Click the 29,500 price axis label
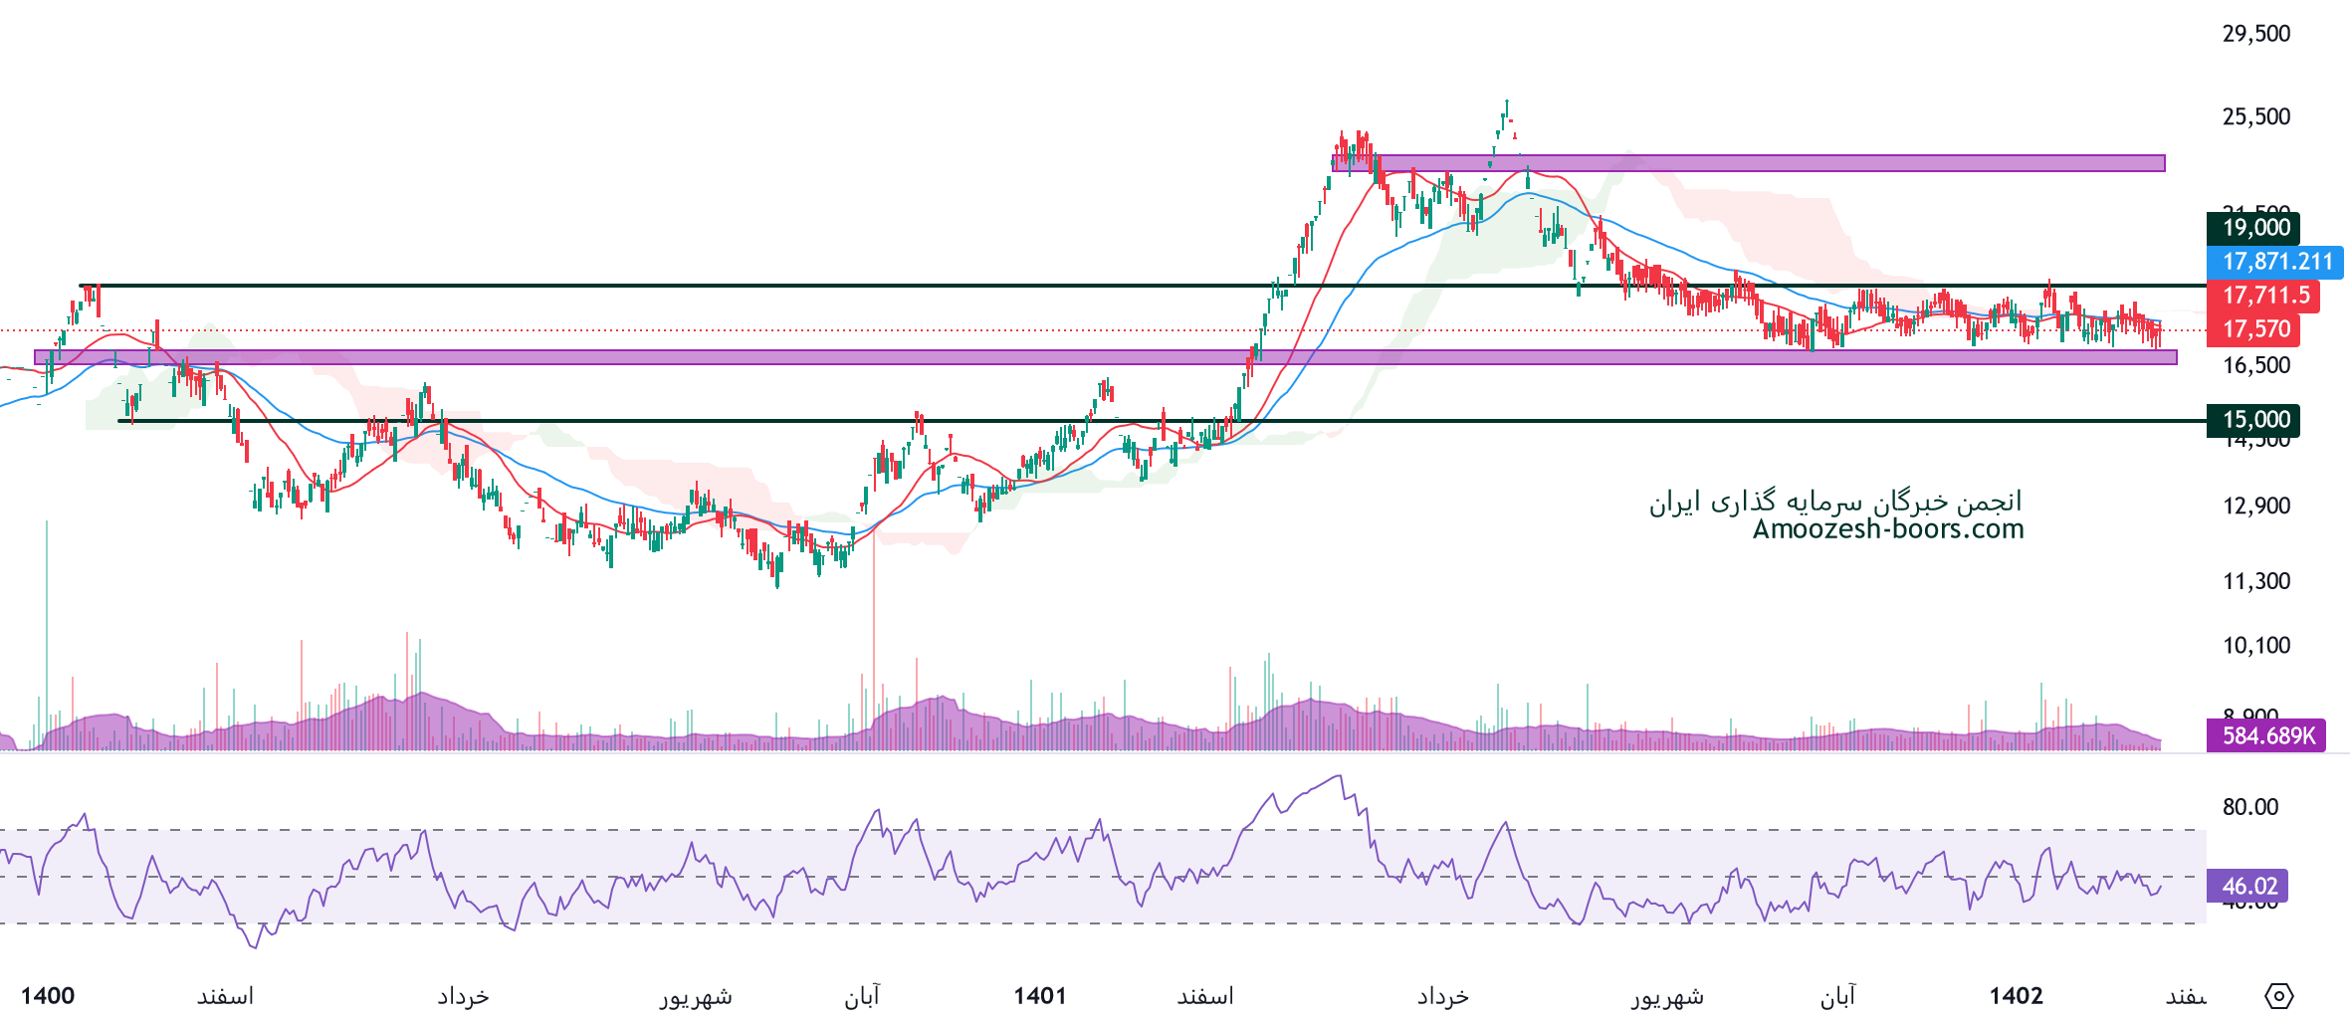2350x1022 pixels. pos(2255,34)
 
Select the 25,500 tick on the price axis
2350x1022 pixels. pos(2255,116)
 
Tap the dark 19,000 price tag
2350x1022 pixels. pos(2253,228)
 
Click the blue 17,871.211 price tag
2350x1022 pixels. pos(2276,262)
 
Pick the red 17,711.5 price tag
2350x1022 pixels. pos(2264,296)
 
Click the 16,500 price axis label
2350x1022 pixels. pos(2255,365)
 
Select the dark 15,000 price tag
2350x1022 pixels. pos(2253,420)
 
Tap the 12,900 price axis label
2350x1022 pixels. pos(2255,506)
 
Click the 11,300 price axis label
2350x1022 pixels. pos(2255,581)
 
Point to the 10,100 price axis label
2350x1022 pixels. pos(2255,646)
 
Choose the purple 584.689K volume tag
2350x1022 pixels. pos(2266,736)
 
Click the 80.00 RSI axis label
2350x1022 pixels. pos(2249,807)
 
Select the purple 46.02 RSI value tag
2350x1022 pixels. pos(2247,886)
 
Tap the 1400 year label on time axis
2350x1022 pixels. pos(48,996)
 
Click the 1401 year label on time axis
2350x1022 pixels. pos(1039,996)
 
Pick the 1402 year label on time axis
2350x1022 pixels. pos(2016,996)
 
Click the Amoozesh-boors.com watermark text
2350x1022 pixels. pos(1887,529)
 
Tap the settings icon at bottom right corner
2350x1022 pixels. pos(2279,995)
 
